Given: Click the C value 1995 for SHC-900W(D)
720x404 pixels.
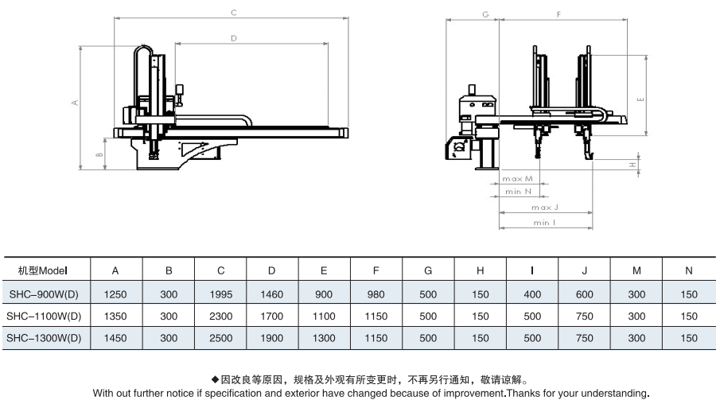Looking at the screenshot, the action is coord(221,294).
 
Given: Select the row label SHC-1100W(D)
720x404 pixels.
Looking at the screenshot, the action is coord(44,317).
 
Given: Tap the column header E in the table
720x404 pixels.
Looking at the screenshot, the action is coord(324,271).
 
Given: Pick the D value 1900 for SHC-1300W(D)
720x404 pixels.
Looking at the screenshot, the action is coord(272,338).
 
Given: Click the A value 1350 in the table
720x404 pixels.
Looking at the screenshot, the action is coord(115,317).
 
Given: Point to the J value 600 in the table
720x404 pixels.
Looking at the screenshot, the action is coord(585,294).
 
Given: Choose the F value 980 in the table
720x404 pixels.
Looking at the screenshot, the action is coord(376,294).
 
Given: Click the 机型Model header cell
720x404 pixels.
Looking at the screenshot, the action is coord(43,271).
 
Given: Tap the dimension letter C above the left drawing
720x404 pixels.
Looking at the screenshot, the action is coord(234,13).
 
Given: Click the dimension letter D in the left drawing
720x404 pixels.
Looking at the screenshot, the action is coord(234,38).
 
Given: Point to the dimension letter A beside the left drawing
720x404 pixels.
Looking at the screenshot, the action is coord(75,103).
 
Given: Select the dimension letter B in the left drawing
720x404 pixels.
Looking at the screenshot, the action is coord(99,155).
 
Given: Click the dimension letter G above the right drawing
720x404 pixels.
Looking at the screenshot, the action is coord(485,14).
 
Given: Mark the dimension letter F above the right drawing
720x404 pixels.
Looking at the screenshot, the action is coord(558,14).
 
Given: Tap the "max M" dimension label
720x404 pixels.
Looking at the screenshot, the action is coord(517,179).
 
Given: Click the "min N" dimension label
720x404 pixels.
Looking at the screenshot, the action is coord(518,192).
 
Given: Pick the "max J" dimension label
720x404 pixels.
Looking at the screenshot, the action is coord(545,208).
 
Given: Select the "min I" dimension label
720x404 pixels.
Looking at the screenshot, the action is coord(545,223).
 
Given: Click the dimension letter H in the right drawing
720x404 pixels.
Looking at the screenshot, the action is coord(632,165).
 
